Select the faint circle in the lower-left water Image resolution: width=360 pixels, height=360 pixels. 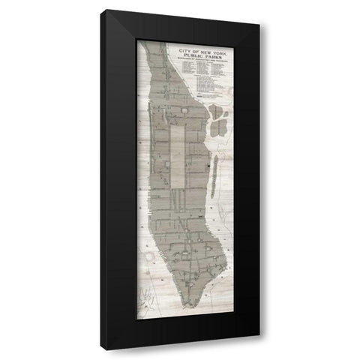click(x=148, y=257)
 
